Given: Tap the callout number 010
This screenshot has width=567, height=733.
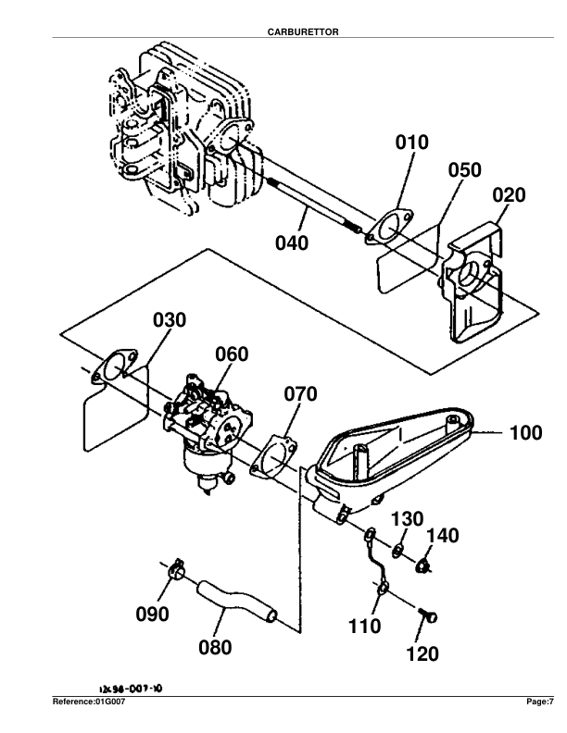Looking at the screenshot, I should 412,143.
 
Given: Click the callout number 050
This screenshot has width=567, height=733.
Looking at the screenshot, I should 465,170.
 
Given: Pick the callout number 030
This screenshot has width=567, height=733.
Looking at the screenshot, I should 170,320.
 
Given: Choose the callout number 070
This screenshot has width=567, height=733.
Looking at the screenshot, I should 300,394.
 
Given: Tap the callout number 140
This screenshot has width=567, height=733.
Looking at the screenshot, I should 443,535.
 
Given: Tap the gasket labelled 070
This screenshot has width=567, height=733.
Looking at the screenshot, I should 276,456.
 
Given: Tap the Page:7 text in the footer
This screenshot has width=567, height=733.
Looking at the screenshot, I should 539,702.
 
